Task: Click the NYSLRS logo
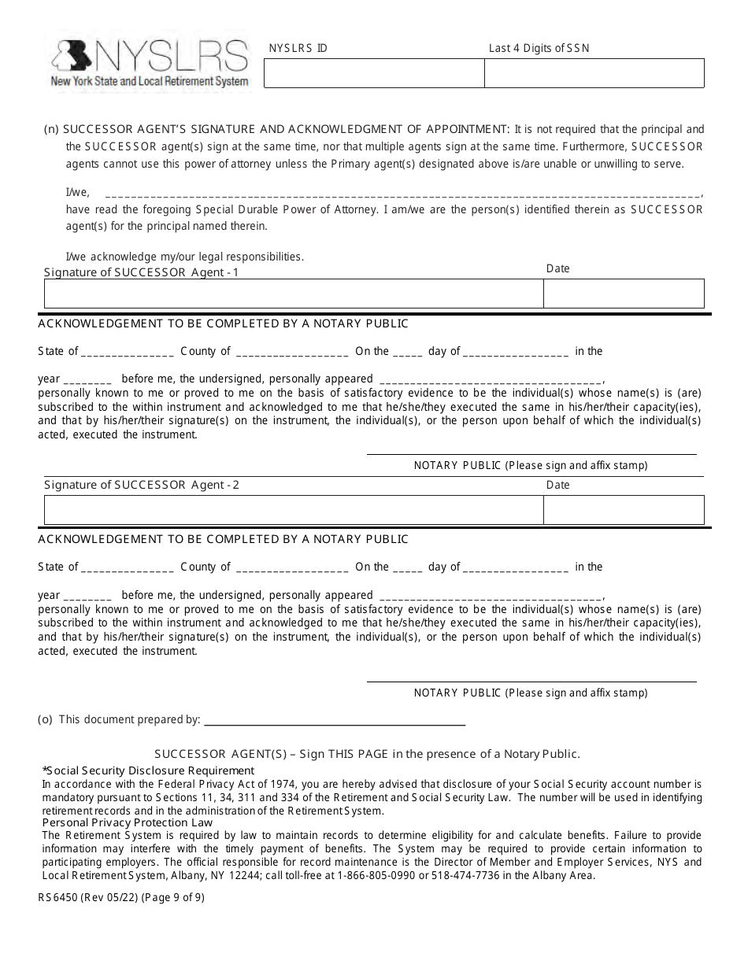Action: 150,63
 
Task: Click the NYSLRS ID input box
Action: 373,74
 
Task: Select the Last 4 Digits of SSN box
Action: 594,74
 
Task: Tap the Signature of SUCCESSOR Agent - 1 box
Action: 293,294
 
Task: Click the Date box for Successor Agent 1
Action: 624,294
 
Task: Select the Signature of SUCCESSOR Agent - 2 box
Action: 293,510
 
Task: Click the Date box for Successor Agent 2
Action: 624,510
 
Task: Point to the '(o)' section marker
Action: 45,719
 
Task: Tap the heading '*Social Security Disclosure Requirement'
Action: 148,770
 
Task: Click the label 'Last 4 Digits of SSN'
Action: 539,48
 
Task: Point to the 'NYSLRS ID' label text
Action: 298,48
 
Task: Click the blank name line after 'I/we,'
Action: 402,193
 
